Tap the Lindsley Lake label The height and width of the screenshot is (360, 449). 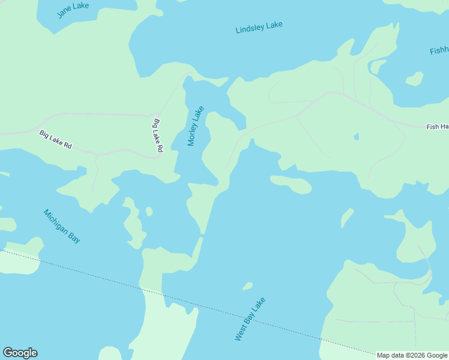pos(259,28)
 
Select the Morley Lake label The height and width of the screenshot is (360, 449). pos(196,126)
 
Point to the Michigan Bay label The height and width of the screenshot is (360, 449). pos(62,226)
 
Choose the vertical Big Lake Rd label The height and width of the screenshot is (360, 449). pos(158,135)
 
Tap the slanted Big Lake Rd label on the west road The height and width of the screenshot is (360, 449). pos(56,139)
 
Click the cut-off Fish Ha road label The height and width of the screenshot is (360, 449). pos(437,127)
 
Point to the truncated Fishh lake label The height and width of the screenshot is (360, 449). pos(439,51)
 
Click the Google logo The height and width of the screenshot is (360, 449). pos(20,353)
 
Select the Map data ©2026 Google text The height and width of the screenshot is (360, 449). pos(412,355)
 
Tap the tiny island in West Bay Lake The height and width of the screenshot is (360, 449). pos(247,286)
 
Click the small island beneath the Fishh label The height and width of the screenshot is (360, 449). pos(414,79)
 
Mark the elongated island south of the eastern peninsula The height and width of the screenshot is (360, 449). pos(292,185)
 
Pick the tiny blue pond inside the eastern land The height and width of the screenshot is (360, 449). pos(356,137)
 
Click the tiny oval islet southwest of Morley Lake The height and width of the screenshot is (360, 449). pos(149,211)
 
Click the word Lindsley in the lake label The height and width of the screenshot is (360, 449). pos(250,29)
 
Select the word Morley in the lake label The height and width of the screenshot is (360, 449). pos(193,132)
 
